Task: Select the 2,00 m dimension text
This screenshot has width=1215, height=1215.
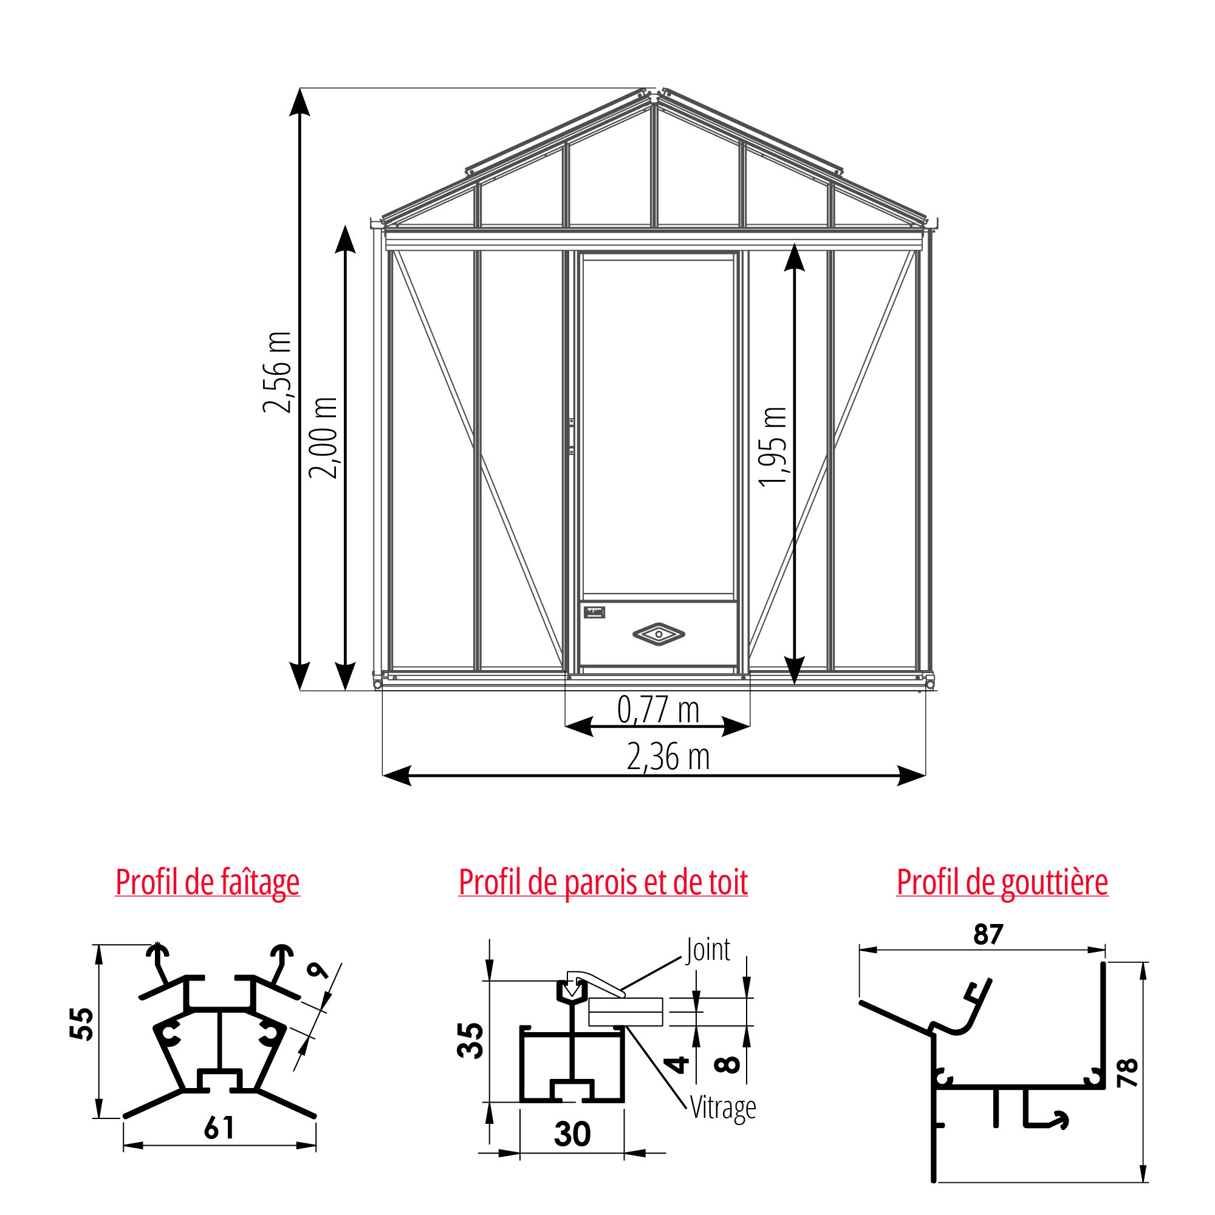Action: tap(323, 437)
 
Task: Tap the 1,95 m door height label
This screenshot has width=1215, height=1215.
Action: tap(773, 447)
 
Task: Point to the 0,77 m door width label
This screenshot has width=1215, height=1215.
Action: tap(658, 710)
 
